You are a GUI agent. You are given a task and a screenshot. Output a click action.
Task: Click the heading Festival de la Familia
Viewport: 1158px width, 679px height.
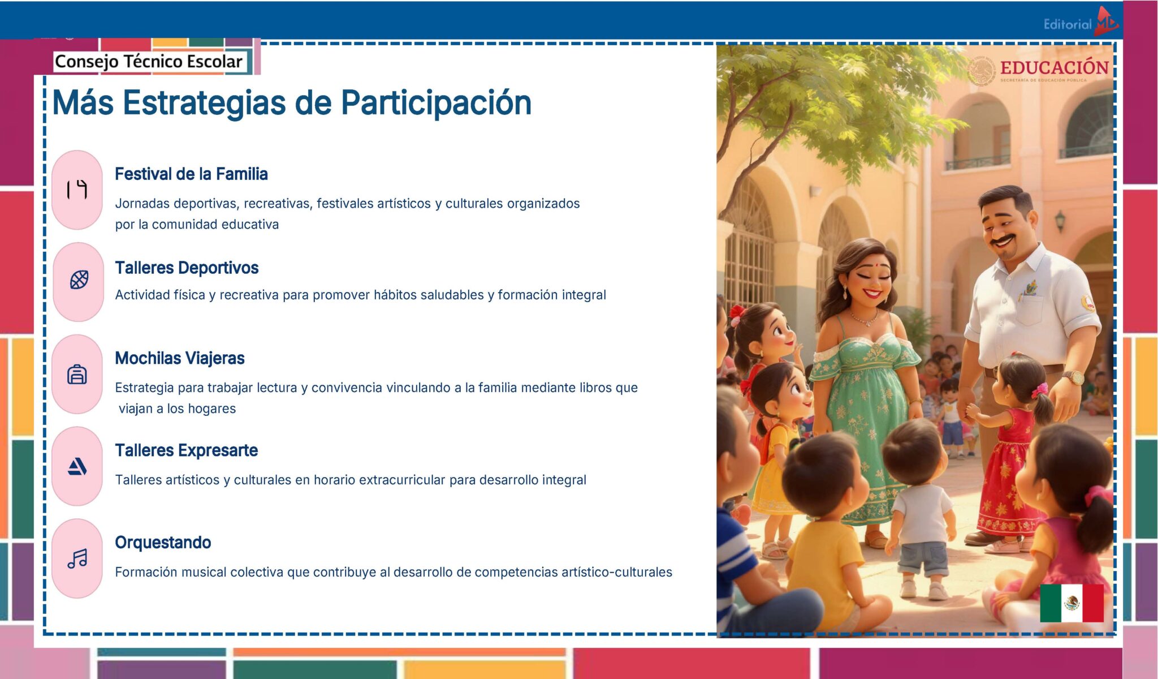[191, 174]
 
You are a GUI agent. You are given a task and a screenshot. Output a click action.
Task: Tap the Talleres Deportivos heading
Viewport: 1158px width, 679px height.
[187, 268]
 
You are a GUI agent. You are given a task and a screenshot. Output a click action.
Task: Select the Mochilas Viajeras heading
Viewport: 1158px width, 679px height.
[179, 358]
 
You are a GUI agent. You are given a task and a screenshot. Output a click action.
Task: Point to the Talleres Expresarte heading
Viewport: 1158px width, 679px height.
[186, 450]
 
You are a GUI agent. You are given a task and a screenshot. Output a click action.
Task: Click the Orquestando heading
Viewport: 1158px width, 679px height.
[163, 543]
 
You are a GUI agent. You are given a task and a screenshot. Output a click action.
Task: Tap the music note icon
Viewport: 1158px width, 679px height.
[77, 558]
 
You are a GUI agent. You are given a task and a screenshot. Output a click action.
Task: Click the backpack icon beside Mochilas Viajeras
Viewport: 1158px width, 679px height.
[77, 374]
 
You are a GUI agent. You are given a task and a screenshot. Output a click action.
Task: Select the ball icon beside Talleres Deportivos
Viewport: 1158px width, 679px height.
[79, 280]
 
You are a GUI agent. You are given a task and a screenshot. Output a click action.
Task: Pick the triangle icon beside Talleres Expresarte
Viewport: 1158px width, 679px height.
[77, 467]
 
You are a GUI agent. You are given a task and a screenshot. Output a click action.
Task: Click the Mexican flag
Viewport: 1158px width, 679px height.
[1071, 603]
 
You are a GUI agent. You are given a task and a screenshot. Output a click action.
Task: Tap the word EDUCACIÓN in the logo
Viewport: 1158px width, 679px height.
[1054, 68]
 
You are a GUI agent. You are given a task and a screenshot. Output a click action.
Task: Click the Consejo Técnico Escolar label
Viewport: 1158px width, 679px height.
[148, 61]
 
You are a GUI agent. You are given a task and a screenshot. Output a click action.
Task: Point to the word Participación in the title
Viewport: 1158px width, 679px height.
[436, 103]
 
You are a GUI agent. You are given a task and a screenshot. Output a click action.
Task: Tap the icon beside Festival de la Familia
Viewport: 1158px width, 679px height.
[77, 190]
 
